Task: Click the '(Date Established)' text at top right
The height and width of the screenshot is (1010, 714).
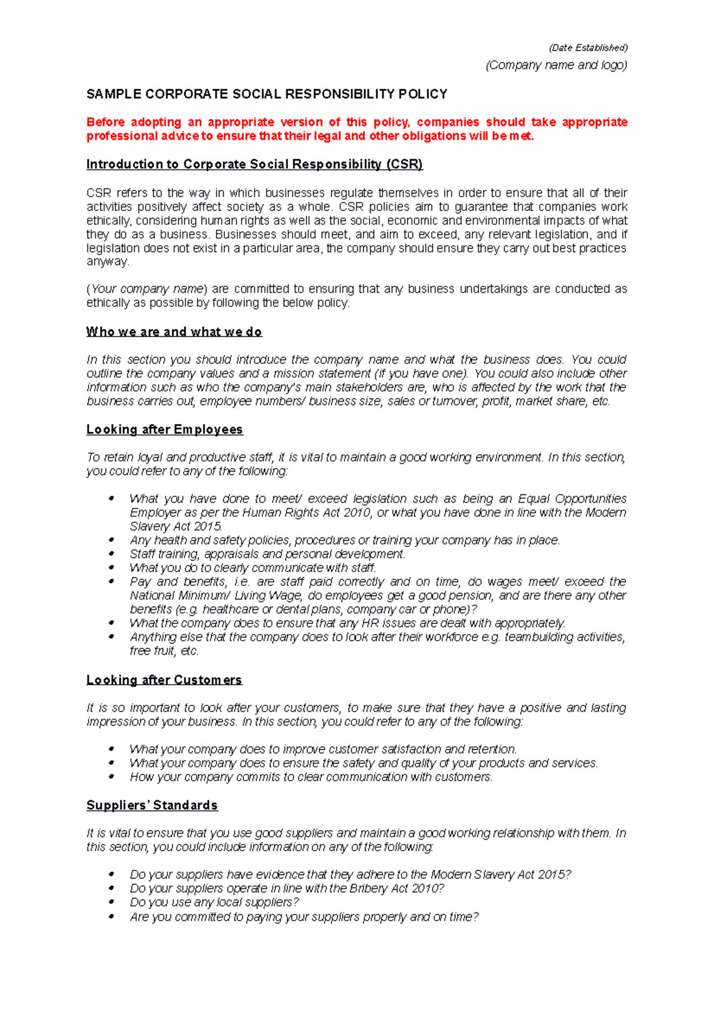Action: click(x=588, y=48)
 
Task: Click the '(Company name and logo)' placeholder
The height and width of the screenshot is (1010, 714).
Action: click(x=556, y=65)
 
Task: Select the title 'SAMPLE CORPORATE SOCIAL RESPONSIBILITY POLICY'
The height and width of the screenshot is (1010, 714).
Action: click(x=267, y=94)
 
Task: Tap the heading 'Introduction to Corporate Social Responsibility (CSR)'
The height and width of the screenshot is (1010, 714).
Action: click(x=254, y=164)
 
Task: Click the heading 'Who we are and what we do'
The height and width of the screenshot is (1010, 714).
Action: click(x=174, y=332)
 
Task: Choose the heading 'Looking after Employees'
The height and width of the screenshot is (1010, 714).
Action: click(x=164, y=429)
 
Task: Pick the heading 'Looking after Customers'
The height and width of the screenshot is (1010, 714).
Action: click(x=164, y=680)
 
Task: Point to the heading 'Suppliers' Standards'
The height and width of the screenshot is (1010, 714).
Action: click(x=152, y=805)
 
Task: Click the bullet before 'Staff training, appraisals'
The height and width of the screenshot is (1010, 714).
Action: click(x=112, y=554)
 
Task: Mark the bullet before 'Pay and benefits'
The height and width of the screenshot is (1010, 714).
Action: click(x=112, y=582)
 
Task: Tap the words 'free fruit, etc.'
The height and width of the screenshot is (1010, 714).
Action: click(x=164, y=651)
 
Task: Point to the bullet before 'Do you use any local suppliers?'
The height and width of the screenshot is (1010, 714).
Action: click(x=112, y=902)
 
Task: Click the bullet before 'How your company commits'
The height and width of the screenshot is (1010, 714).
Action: click(x=112, y=777)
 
